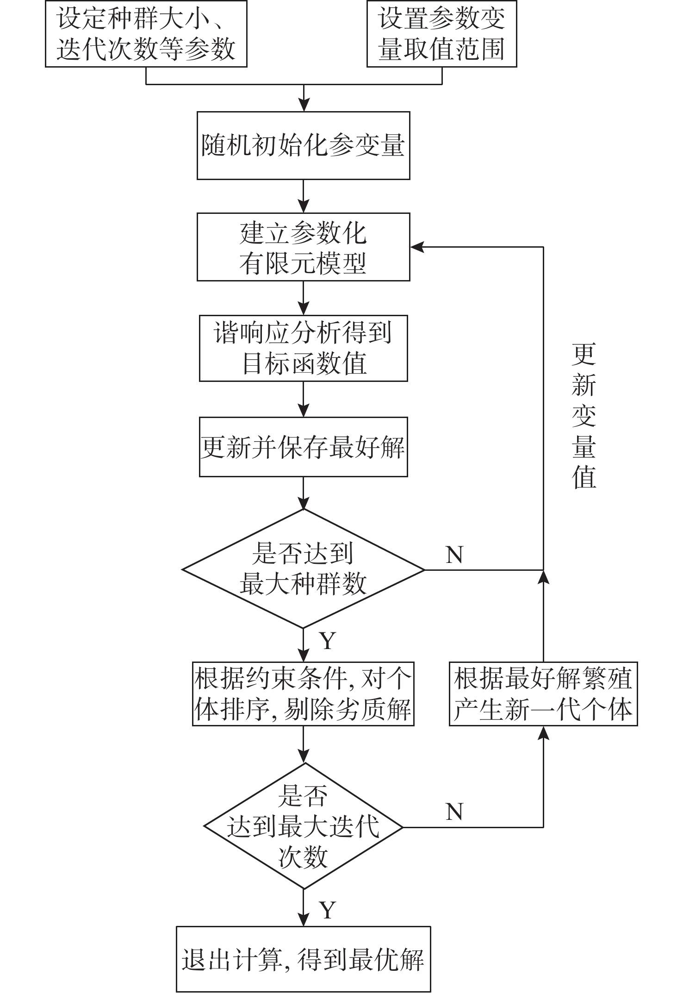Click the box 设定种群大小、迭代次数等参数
[146, 33]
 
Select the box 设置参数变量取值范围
[441, 33]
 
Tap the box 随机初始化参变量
[303, 145]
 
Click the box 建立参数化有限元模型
[303, 247]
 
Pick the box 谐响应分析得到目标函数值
[303, 348]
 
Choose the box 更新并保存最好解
[303, 447]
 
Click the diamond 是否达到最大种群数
[303, 569]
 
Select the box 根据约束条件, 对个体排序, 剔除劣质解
[303, 693]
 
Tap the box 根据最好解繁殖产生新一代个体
[543, 693]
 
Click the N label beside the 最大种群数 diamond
[454, 554]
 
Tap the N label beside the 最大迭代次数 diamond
[454, 812]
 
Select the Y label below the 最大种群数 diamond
[327, 641]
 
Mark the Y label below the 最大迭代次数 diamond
[327, 910]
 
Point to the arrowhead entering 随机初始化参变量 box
[304, 106]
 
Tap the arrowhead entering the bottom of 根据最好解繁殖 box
[544, 733]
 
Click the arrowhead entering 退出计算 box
[304, 920]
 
